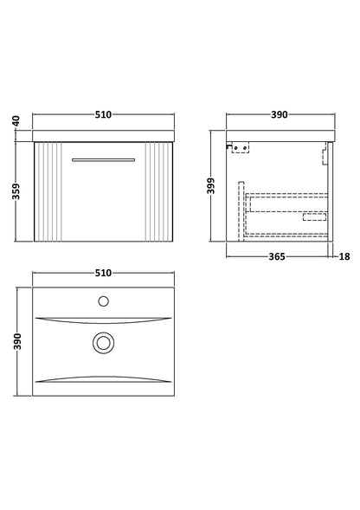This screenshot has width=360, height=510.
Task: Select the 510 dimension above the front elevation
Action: pyautogui.click(x=103, y=114)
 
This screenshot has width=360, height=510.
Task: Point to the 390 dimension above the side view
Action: pyautogui.click(x=280, y=114)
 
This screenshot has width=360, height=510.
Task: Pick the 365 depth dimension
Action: pyautogui.click(x=278, y=256)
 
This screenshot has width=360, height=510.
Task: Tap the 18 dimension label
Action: pyautogui.click(x=345, y=256)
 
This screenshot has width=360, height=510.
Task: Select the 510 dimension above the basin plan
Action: pyautogui.click(x=103, y=273)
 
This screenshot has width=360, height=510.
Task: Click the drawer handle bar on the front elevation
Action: pyautogui.click(x=103, y=159)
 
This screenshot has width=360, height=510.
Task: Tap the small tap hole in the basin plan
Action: pyautogui.click(x=103, y=301)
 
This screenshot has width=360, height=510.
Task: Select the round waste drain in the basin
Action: pyautogui.click(x=103, y=343)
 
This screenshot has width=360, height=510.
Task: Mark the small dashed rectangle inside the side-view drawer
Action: pyautogui.click(x=314, y=218)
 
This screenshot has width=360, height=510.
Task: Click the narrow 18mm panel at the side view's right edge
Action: pyautogui.click(x=331, y=190)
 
